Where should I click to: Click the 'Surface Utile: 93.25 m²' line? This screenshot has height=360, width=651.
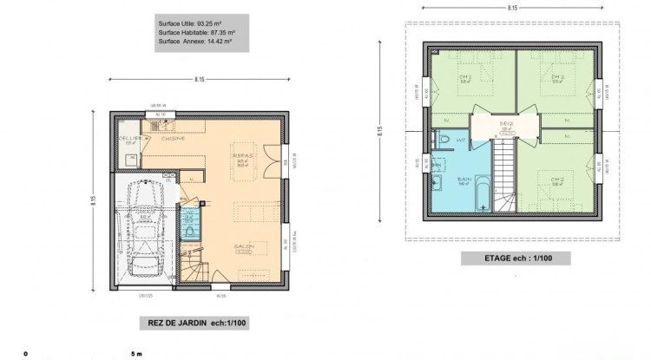[197, 23]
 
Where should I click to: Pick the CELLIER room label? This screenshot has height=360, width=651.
[130, 137]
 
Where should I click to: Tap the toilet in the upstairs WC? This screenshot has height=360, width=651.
[442, 140]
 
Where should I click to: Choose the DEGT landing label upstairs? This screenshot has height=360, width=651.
[506, 125]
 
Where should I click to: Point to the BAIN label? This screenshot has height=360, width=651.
[464, 180]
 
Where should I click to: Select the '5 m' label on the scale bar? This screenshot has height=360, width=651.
[135, 354]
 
